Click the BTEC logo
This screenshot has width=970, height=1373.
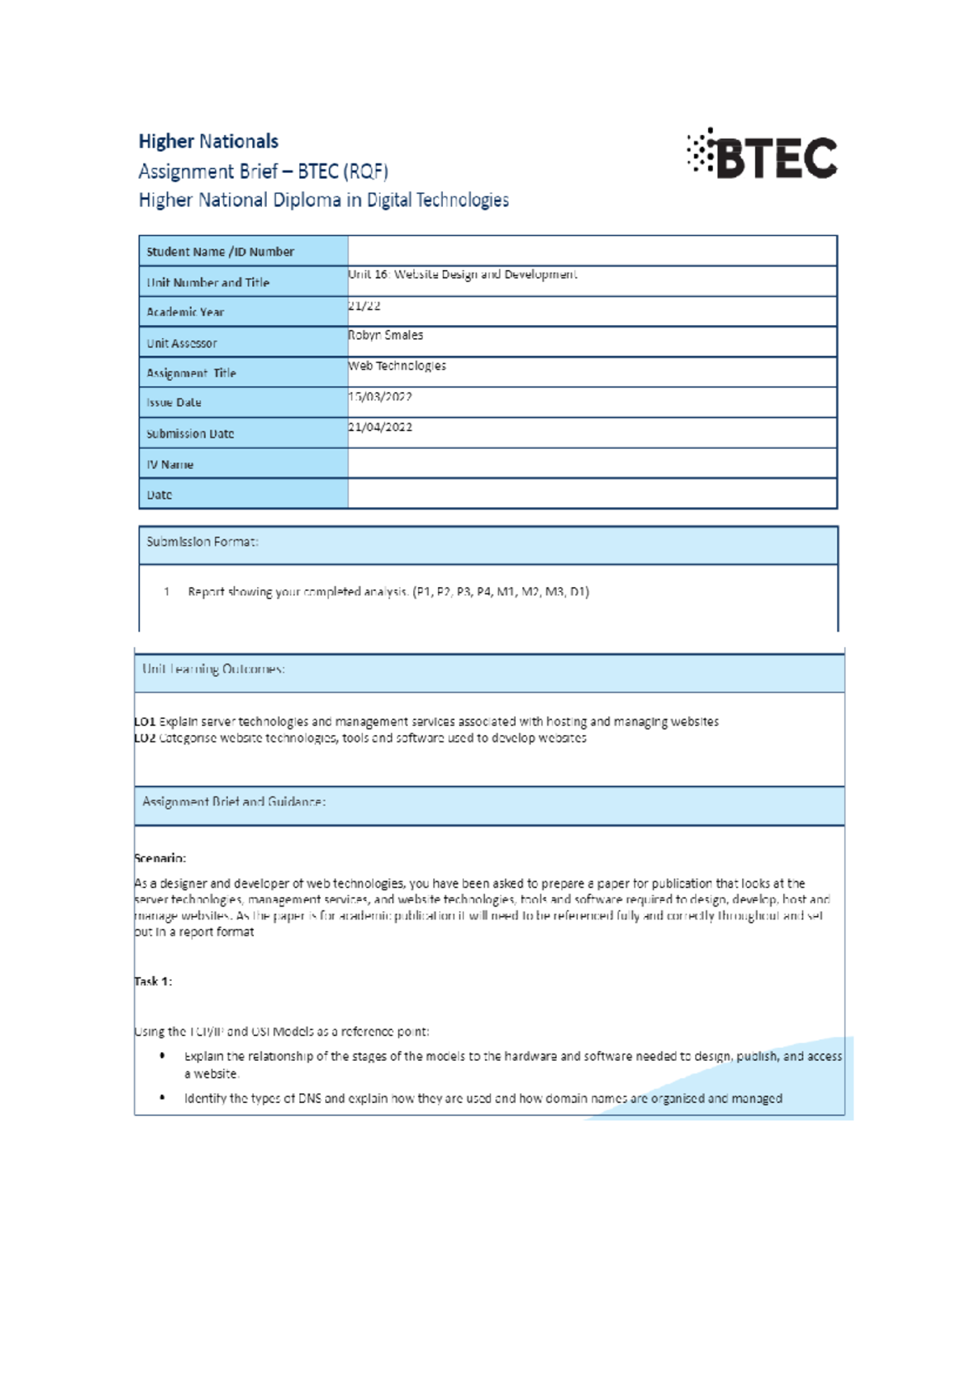(x=762, y=154)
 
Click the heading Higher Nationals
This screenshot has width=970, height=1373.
(x=209, y=142)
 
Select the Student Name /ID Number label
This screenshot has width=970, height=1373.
(x=220, y=251)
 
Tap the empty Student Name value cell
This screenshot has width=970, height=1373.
(x=592, y=251)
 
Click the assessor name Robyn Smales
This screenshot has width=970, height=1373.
(x=386, y=335)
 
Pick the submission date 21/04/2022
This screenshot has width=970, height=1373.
(x=381, y=427)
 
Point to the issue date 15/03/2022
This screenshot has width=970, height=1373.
(x=381, y=397)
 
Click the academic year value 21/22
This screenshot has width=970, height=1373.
(x=365, y=306)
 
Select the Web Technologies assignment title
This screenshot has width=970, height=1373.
(x=398, y=365)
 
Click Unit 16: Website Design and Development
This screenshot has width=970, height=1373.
(x=463, y=275)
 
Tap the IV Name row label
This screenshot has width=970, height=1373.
(x=170, y=464)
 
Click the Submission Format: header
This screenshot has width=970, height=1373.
(x=202, y=542)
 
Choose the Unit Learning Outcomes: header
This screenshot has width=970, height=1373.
(x=213, y=669)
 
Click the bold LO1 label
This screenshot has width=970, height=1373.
(x=145, y=721)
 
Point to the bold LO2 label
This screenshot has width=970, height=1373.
(x=145, y=738)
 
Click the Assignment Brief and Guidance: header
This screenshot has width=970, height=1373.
(x=234, y=802)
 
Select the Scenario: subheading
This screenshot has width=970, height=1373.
(x=160, y=858)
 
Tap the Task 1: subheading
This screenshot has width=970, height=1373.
(x=153, y=982)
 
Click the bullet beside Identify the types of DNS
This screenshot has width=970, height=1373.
(x=163, y=1098)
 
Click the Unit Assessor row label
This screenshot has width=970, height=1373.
(x=182, y=343)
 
